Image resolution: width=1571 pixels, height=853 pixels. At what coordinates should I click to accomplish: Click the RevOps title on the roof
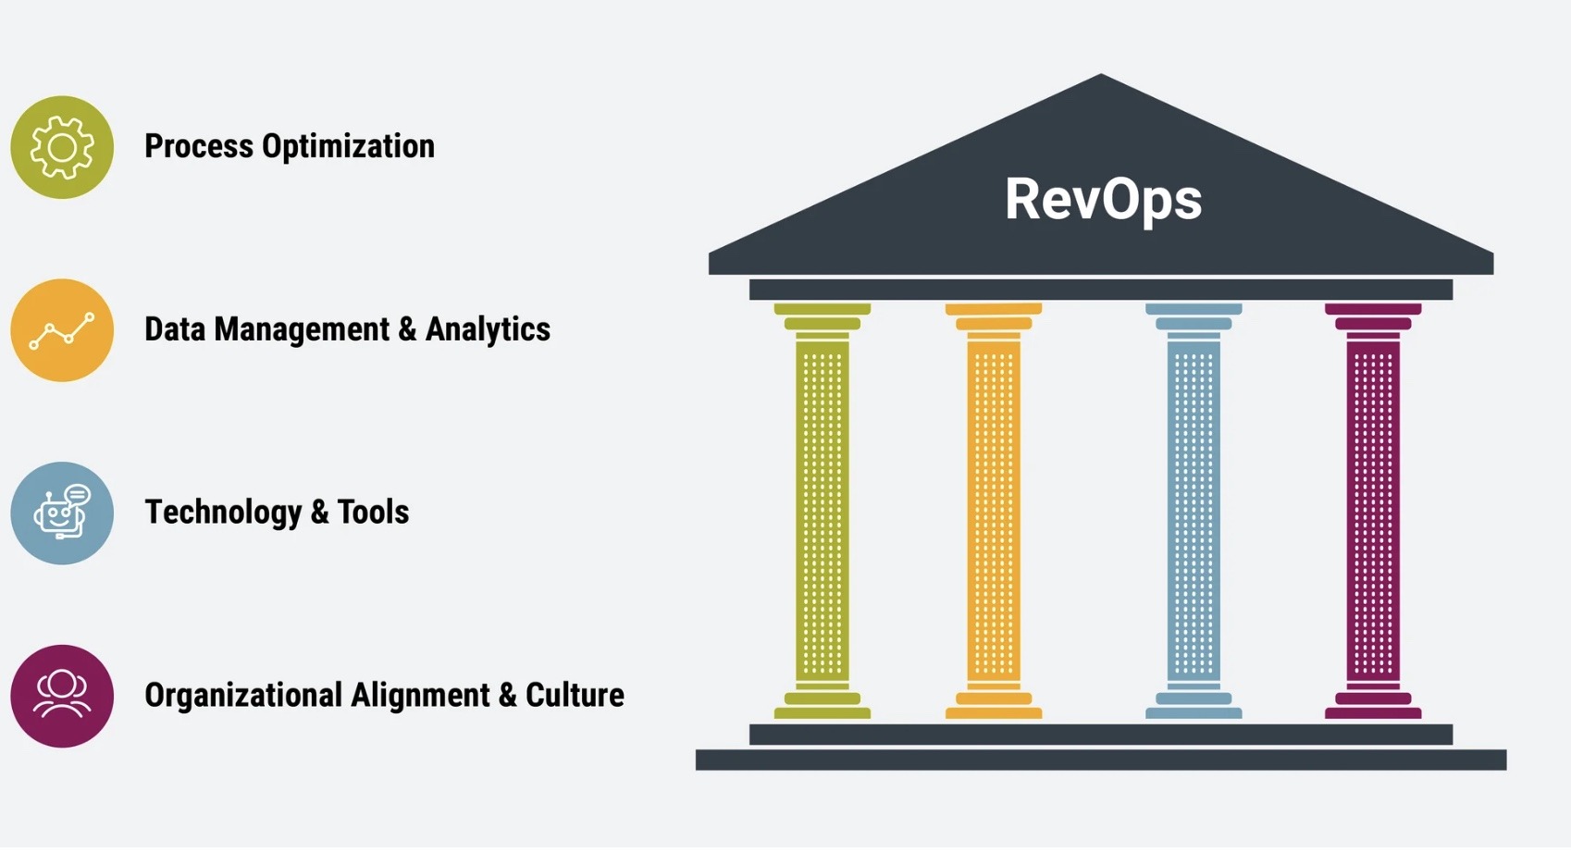tap(1103, 199)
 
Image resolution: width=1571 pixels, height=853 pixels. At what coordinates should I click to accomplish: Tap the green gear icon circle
tap(62, 147)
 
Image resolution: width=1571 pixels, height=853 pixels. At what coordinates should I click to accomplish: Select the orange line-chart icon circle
tap(62, 330)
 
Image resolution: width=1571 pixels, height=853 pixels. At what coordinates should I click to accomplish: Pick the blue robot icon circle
tap(62, 513)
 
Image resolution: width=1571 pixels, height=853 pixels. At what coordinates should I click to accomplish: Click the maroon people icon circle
tap(62, 696)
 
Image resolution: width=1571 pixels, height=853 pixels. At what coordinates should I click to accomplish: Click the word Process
tap(199, 146)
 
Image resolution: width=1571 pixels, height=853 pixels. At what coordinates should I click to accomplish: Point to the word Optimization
tap(348, 146)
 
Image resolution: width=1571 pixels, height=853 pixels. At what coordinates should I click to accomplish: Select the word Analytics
tap(488, 329)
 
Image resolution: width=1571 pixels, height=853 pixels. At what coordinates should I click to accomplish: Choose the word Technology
tap(223, 513)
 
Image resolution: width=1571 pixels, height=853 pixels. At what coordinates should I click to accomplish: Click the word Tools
tap(373, 512)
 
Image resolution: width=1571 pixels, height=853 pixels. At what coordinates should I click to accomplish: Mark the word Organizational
tap(243, 696)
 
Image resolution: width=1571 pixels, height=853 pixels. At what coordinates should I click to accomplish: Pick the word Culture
tap(575, 695)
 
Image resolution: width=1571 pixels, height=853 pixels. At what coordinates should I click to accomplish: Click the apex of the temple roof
tap(1101, 78)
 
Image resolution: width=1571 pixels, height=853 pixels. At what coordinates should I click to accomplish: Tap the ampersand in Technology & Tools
tap(319, 513)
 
